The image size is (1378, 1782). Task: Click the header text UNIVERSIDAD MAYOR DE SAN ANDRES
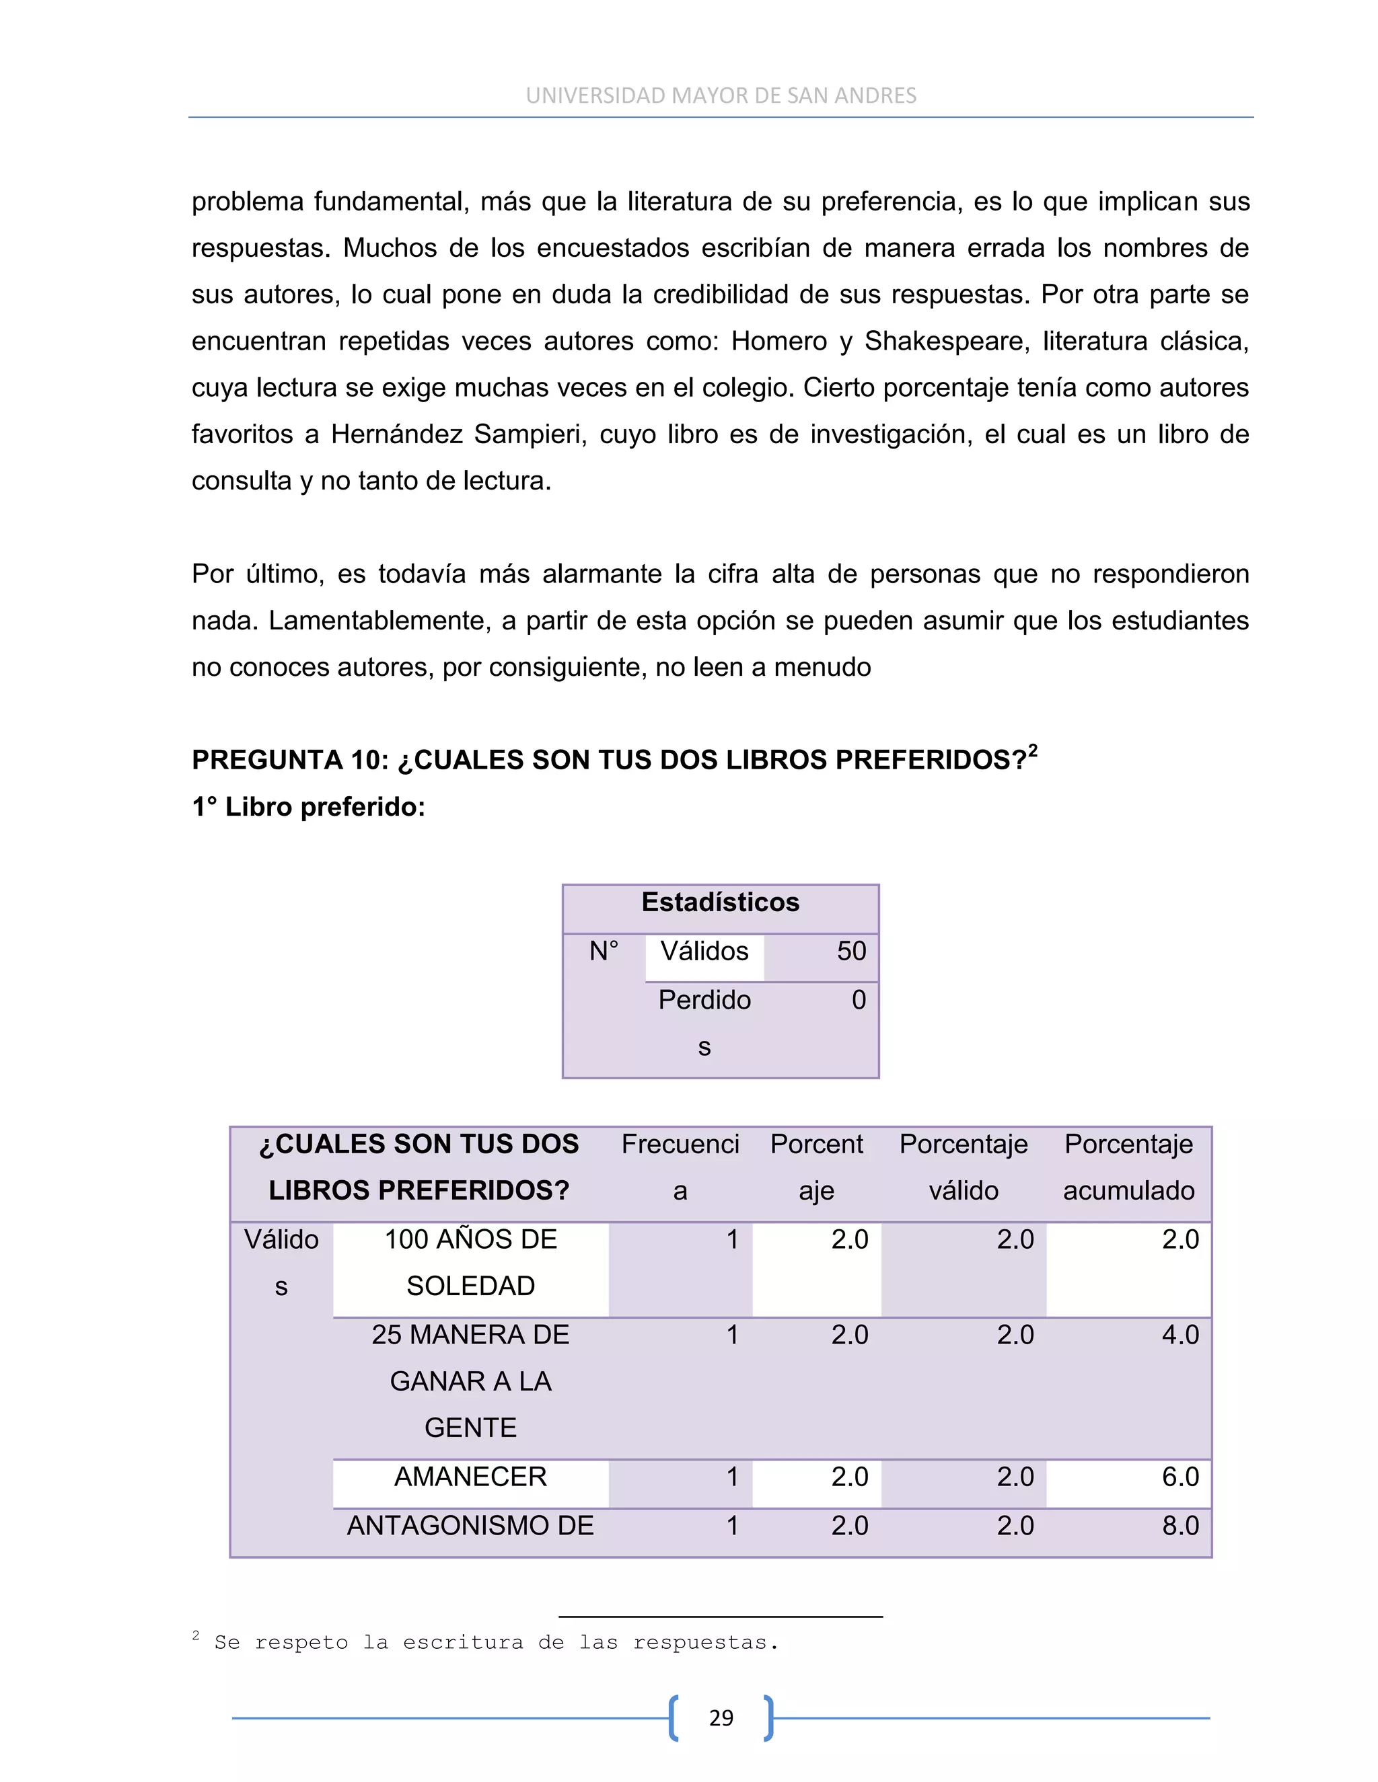pyautogui.click(x=721, y=96)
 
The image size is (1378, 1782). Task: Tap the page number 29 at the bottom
pyautogui.click(x=721, y=1717)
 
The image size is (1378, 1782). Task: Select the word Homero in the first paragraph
pyautogui.click(x=778, y=341)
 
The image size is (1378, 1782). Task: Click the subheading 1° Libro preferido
pyautogui.click(x=309, y=807)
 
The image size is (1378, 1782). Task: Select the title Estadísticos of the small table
pyautogui.click(x=720, y=902)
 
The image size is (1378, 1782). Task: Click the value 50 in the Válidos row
pyautogui.click(x=851, y=952)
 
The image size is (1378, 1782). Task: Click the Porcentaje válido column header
pyautogui.click(x=964, y=1167)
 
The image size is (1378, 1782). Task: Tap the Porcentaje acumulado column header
pyautogui.click(x=1128, y=1167)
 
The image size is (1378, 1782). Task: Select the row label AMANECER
pyautogui.click(x=470, y=1477)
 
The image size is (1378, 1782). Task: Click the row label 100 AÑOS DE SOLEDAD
pyautogui.click(x=470, y=1262)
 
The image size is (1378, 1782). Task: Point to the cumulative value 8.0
pyautogui.click(x=1180, y=1526)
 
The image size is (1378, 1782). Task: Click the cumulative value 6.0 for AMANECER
pyautogui.click(x=1180, y=1477)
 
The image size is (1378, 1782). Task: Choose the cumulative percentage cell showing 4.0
pyautogui.click(x=1180, y=1335)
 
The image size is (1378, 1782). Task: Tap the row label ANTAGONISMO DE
pyautogui.click(x=470, y=1526)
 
